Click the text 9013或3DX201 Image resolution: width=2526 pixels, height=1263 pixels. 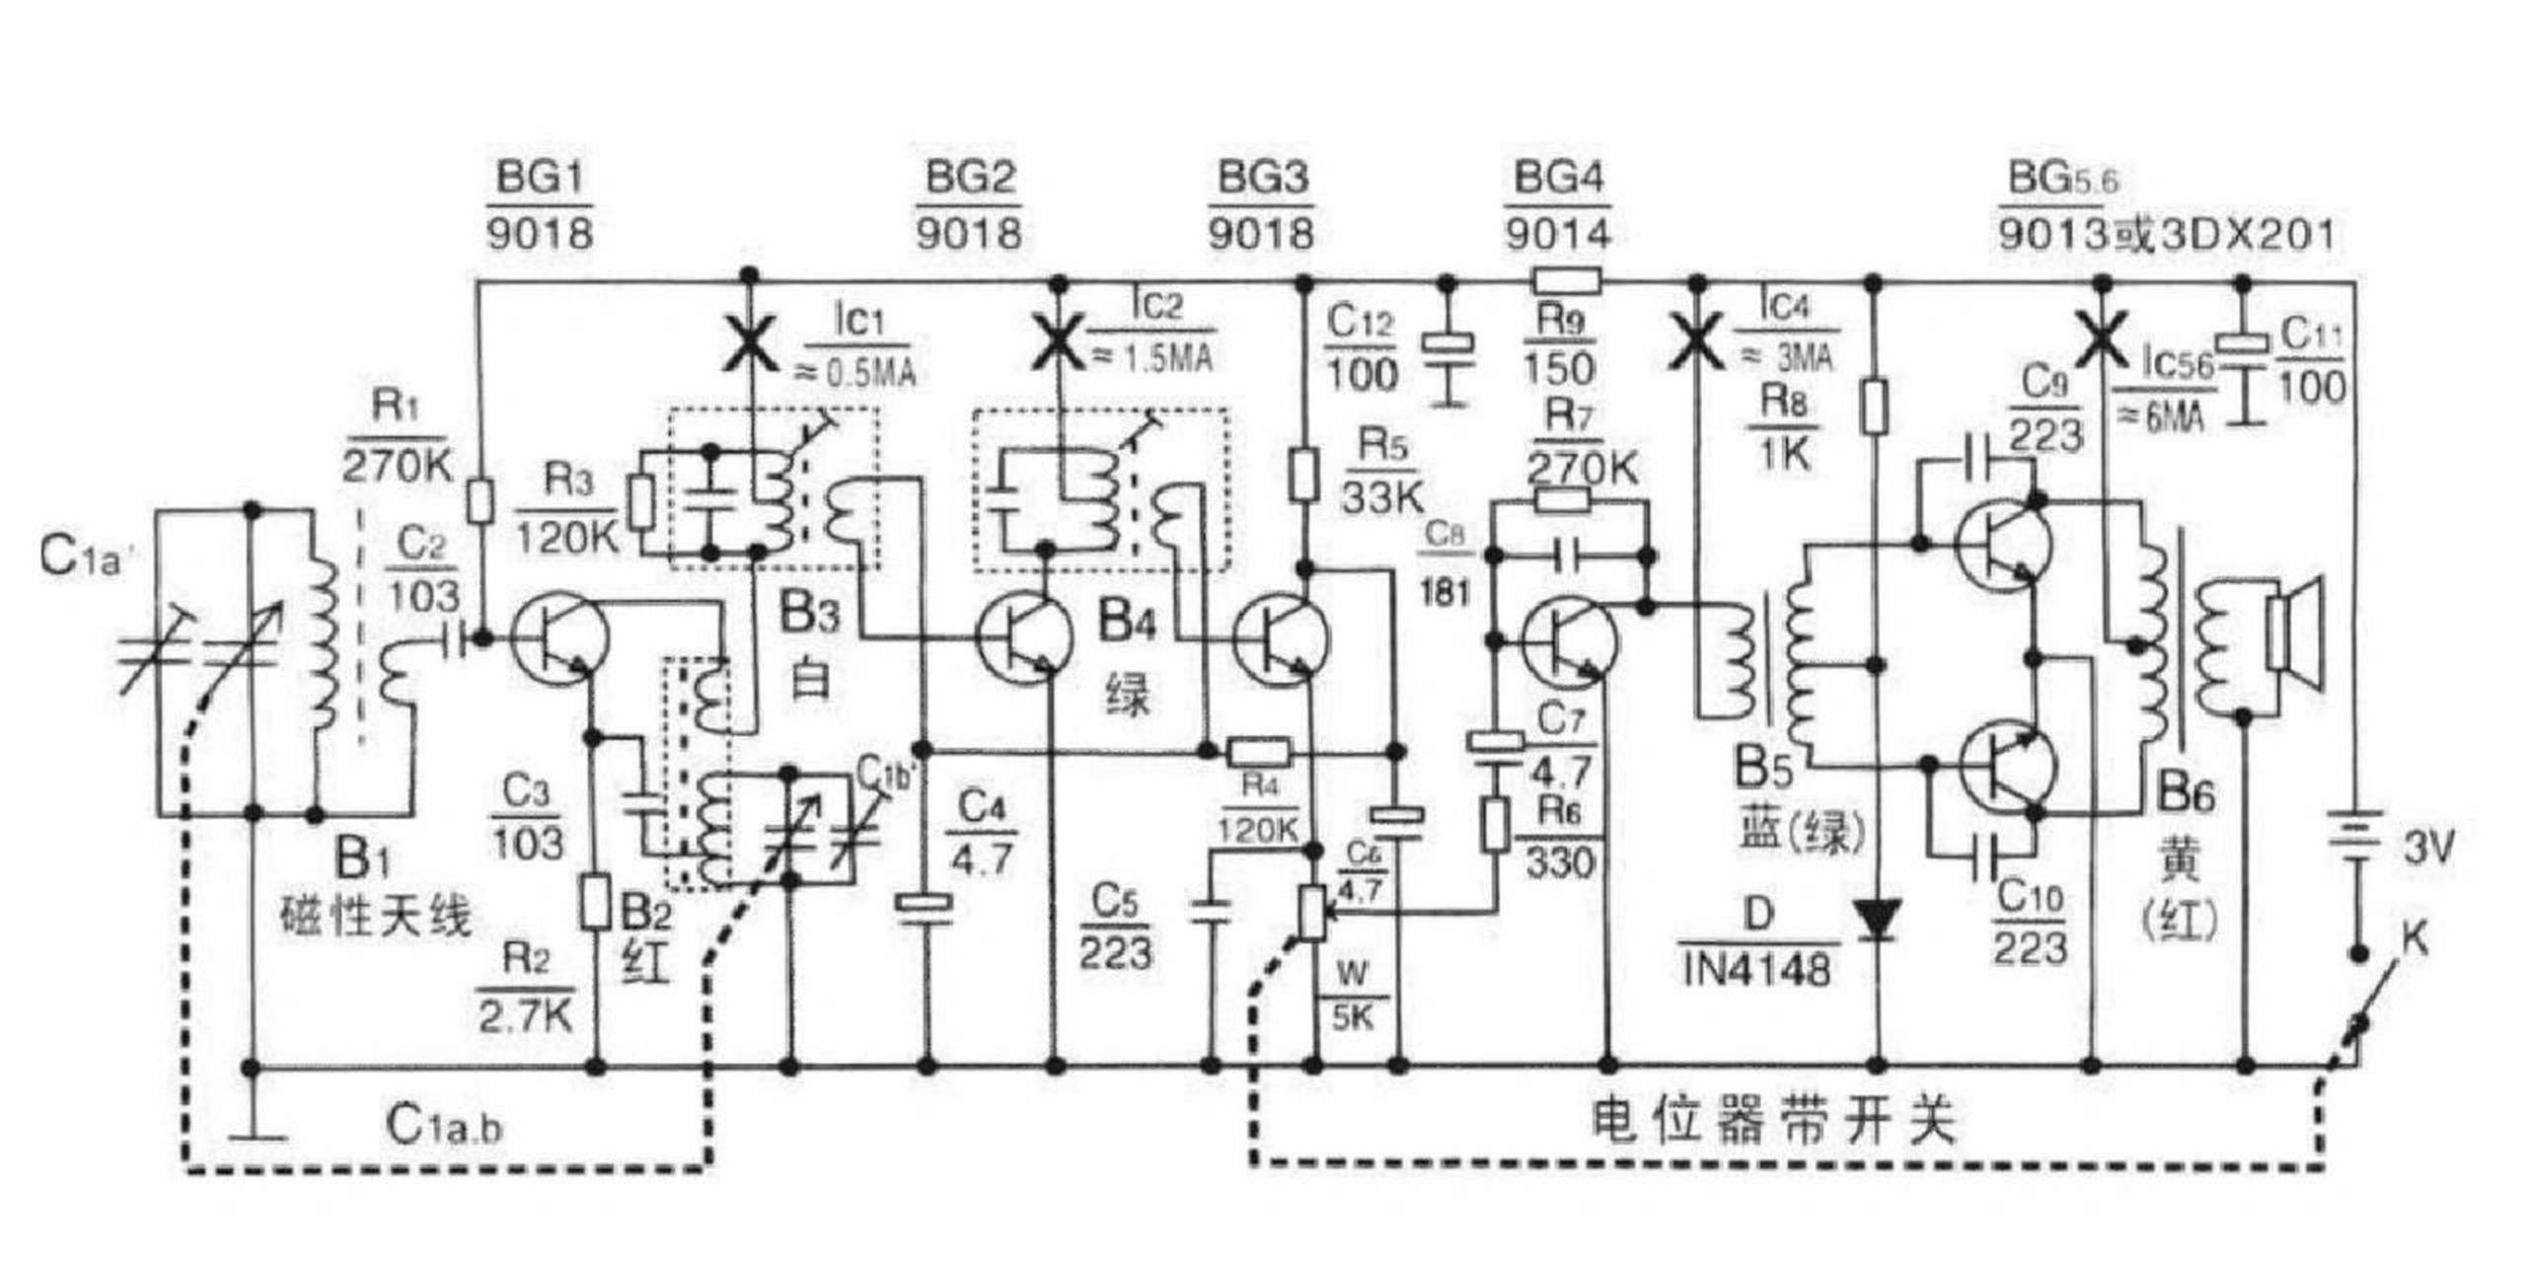tap(2167, 235)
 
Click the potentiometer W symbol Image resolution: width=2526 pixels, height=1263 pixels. tap(1312, 913)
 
